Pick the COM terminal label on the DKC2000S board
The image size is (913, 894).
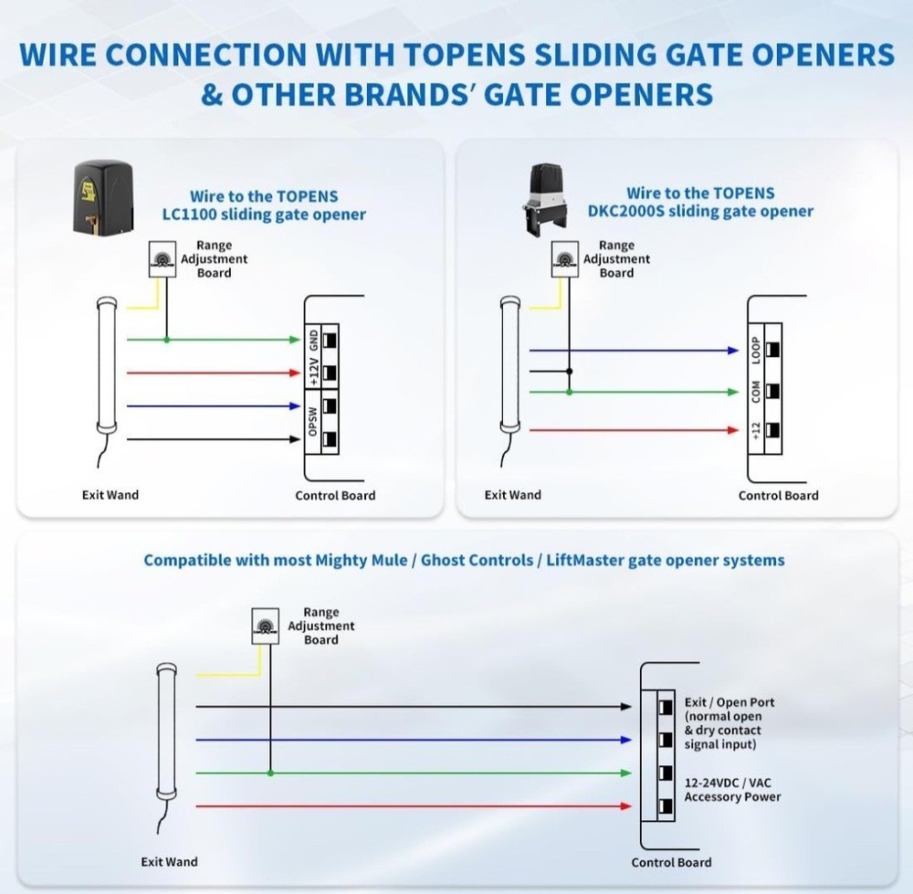pyautogui.click(x=756, y=391)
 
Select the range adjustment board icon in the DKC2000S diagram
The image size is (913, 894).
pyautogui.click(x=567, y=259)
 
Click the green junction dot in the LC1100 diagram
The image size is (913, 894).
pyautogui.click(x=165, y=340)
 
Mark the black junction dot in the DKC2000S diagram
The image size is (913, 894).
pyautogui.click(x=569, y=372)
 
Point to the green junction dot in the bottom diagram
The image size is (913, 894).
pyautogui.click(x=269, y=773)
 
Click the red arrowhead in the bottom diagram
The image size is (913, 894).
pyautogui.click(x=625, y=806)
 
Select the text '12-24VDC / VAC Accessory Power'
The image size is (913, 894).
pyautogui.click(x=732, y=789)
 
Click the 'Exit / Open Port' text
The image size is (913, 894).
pyautogui.click(x=729, y=702)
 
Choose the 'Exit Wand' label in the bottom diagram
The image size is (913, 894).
pyautogui.click(x=169, y=861)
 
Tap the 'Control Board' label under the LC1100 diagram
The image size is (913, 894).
pyautogui.click(x=335, y=495)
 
